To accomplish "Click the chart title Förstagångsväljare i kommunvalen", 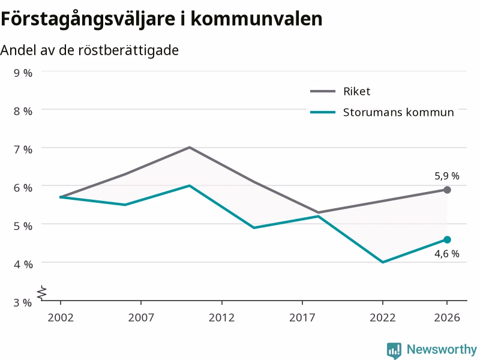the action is point(161,20).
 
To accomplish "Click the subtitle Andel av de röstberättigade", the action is point(89,50).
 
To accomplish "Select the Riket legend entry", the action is point(340,91).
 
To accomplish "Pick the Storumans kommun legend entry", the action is point(382,112).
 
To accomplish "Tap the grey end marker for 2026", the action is point(447,190).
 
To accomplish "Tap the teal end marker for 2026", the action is point(447,239).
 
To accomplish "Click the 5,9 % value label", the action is point(447,176).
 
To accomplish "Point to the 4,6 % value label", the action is point(447,254).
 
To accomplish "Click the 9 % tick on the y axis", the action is point(23,73).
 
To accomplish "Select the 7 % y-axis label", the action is point(23,149).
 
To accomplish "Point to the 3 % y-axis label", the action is point(23,302).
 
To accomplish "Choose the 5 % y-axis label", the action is point(23,226).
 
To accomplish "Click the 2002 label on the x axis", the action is point(61,318).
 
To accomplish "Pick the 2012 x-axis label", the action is point(221,318).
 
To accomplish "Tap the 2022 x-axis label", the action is point(383,318).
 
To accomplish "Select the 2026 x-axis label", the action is point(447,318).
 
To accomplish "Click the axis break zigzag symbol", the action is point(42,293).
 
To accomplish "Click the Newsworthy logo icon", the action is point(394,350).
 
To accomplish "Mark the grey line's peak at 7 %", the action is point(190,148).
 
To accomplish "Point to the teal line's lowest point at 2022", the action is point(383,262).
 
